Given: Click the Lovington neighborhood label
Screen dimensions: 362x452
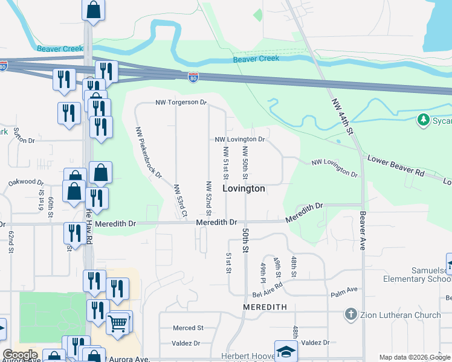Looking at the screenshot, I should point(244,189).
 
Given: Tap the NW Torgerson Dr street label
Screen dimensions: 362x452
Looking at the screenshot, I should point(181,103).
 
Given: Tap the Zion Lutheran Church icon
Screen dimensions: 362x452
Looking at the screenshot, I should point(351,315).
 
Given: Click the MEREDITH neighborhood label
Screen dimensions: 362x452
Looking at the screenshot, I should point(264,307).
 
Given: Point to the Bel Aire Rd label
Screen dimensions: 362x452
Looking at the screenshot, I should point(265,294).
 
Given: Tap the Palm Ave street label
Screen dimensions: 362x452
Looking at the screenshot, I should point(341,295).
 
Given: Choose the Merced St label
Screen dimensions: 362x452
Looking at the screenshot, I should point(187,328).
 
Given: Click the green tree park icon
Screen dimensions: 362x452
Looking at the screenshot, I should point(424,120).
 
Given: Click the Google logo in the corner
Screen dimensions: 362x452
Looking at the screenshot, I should point(20,355).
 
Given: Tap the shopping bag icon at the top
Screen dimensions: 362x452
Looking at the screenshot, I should point(93,9).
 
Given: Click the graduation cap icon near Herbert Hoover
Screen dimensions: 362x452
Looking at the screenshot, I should point(286,351).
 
